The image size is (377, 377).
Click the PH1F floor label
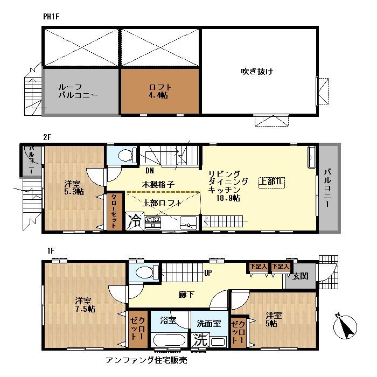pos(51,17)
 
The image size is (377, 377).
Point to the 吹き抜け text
pos(257,71)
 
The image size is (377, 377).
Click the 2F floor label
pos(47,137)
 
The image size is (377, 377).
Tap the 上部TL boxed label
pos(271,181)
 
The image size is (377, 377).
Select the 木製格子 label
pos(157,184)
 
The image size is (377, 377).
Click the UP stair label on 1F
pos(207,273)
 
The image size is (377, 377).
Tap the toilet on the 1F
pos(143,273)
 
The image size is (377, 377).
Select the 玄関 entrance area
pos(301,276)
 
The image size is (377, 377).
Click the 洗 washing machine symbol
pos(200,340)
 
